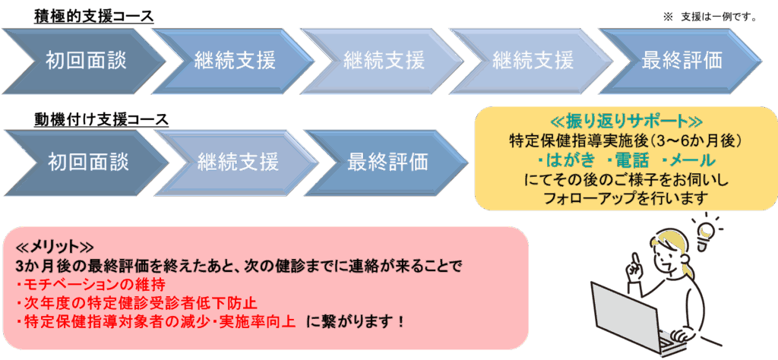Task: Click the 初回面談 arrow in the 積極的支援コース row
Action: (84, 59)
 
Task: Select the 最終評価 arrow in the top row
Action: (682, 59)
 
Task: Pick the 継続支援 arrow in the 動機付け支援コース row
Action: (237, 161)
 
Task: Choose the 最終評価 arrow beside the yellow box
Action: (387, 161)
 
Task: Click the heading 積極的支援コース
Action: (94, 16)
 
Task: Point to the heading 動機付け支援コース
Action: (101, 119)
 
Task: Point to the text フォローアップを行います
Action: (625, 198)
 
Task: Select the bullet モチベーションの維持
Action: (90, 285)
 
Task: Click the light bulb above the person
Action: (707, 228)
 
